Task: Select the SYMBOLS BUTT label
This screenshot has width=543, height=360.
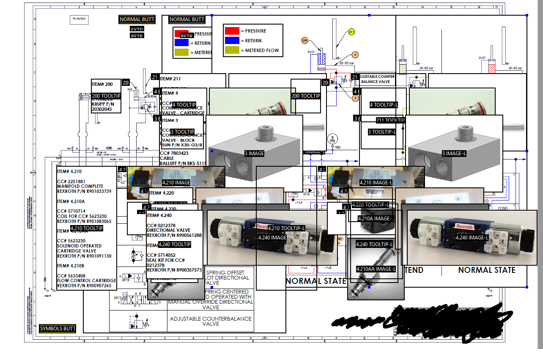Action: [x=57, y=329]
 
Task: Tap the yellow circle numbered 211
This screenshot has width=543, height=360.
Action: [x=351, y=32]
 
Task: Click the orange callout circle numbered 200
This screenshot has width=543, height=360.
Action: [x=305, y=41]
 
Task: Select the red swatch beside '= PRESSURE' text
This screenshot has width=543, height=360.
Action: [x=232, y=31]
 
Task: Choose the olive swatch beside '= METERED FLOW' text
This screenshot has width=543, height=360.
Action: [x=232, y=50]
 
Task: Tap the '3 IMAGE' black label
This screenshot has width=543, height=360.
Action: [x=254, y=154]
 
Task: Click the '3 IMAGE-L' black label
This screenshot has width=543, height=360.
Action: [x=454, y=154]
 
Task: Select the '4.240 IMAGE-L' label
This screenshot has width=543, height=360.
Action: [x=472, y=238]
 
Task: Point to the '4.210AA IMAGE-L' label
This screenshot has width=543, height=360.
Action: [x=376, y=269]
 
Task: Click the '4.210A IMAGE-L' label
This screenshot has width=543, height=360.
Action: [x=375, y=219]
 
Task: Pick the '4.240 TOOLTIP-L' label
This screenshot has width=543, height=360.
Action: [x=374, y=245]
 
